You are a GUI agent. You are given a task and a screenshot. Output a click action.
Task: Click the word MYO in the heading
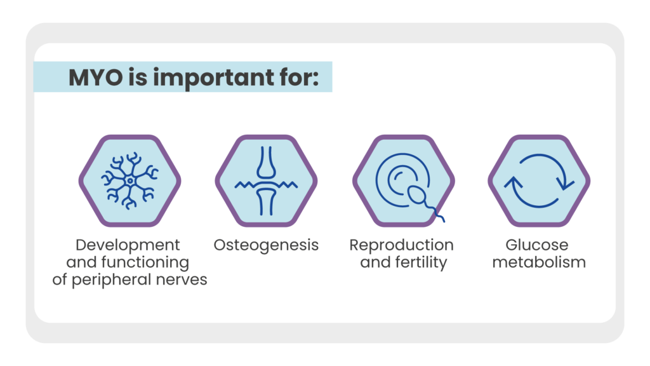click(96, 78)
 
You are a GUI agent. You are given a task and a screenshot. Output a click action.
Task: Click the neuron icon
click(129, 180)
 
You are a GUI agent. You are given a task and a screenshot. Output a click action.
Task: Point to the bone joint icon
click(266, 181)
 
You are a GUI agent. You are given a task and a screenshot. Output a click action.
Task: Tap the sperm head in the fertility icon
click(416, 195)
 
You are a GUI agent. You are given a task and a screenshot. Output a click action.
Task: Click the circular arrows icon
click(539, 181)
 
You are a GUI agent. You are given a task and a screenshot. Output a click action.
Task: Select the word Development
click(128, 246)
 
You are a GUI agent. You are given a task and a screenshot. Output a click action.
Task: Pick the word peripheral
click(112, 280)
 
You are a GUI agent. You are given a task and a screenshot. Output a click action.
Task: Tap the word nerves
click(182, 280)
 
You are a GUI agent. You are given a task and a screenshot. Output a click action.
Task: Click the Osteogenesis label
click(266, 246)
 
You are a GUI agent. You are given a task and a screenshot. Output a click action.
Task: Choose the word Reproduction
click(402, 245)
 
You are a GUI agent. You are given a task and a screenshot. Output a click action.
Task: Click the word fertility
click(421, 263)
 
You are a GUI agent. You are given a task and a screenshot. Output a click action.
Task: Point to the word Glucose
click(537, 245)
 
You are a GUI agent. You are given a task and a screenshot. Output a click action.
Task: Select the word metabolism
click(539, 262)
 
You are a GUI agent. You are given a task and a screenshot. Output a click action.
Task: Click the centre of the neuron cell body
click(130, 181)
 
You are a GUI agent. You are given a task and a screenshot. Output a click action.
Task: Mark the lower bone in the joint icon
click(266, 201)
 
